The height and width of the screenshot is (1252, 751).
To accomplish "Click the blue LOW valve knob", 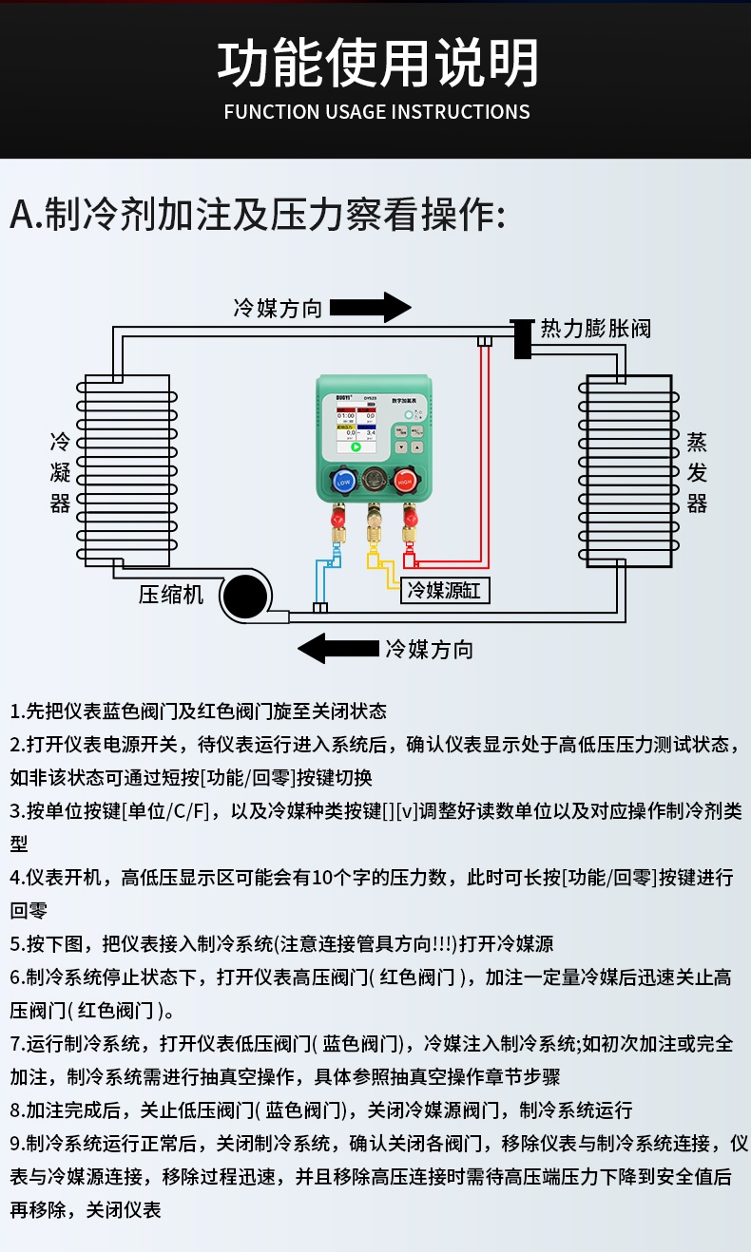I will (343, 483).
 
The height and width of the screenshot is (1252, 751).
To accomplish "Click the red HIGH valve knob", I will (406, 483).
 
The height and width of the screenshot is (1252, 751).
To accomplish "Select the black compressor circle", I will (244, 598).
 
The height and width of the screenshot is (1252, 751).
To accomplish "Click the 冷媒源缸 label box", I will (445, 591).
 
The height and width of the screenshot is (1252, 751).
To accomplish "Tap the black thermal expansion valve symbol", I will (522, 338).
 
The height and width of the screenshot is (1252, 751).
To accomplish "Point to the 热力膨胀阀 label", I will (596, 329).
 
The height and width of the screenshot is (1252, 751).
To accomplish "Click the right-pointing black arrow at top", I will (370, 307).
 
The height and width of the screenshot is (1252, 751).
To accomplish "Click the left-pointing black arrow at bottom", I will (337, 649).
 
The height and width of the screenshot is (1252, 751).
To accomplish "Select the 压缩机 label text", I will (171, 595).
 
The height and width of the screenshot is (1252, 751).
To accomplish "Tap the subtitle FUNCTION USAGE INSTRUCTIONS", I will (376, 112).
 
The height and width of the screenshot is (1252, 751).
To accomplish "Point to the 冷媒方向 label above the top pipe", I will (278, 308).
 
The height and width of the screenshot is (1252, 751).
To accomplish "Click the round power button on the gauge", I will (409, 414).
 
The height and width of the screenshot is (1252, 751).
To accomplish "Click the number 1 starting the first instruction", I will (15, 711).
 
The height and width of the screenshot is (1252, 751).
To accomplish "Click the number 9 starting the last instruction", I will (15, 1143).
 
